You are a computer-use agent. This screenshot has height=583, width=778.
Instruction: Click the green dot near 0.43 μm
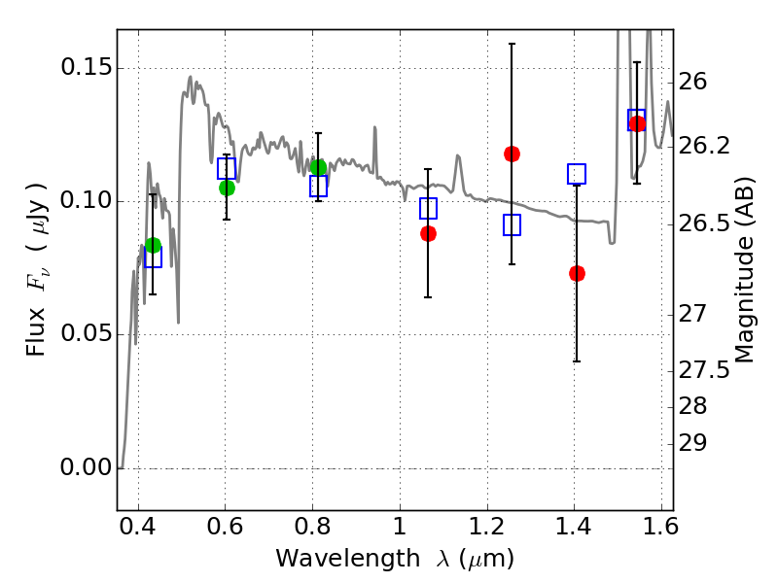153,245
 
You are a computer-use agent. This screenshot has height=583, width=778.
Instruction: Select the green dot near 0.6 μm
227,188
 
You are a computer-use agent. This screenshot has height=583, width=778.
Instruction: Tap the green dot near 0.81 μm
318,167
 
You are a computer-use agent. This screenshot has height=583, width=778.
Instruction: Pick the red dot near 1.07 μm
428,233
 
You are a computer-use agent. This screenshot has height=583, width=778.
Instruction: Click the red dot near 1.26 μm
512,154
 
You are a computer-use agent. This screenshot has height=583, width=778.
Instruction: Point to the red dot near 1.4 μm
577,273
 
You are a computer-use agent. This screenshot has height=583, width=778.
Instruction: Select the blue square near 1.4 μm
577,174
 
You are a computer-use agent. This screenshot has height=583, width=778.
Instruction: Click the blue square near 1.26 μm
512,224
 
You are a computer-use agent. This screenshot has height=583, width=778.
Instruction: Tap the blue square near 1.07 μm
428,208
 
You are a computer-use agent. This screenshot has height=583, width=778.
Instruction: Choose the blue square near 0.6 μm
227,168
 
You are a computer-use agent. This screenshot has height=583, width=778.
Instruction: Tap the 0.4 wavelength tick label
138,531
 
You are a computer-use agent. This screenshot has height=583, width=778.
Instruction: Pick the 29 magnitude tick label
696,443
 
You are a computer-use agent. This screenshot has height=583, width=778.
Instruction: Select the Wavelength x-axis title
394,559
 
